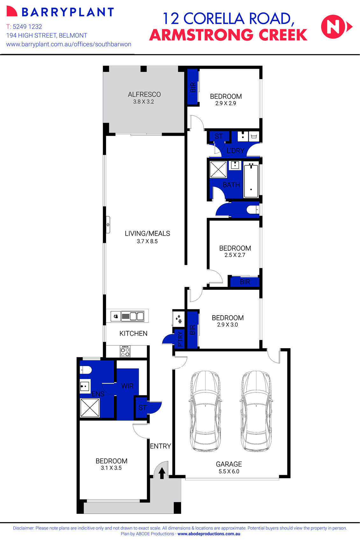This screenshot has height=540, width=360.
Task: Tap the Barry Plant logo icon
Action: (12, 11)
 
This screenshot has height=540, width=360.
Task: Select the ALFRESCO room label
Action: (144, 94)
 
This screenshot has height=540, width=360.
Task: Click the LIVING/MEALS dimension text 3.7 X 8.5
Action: (147, 241)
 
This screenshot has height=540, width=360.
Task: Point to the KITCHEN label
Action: (133, 334)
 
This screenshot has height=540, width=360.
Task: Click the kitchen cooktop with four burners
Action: (125, 352)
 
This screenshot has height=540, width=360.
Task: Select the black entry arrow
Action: (162, 473)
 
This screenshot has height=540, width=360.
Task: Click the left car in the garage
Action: (206, 411)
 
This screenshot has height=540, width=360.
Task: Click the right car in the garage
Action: (256, 411)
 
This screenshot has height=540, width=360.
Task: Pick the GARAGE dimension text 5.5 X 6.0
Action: (229, 472)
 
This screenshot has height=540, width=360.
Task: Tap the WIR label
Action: (127, 386)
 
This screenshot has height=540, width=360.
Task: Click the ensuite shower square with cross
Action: (90, 407)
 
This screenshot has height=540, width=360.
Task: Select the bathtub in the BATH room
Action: (251, 180)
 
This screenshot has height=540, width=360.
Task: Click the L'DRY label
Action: (235, 151)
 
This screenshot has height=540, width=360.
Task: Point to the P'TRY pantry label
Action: (180, 339)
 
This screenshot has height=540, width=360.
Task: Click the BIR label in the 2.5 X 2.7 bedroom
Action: (245, 282)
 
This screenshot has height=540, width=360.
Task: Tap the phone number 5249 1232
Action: (27, 27)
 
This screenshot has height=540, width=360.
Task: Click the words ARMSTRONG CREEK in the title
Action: (228, 35)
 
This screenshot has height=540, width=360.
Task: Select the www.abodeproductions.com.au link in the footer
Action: (209, 534)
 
